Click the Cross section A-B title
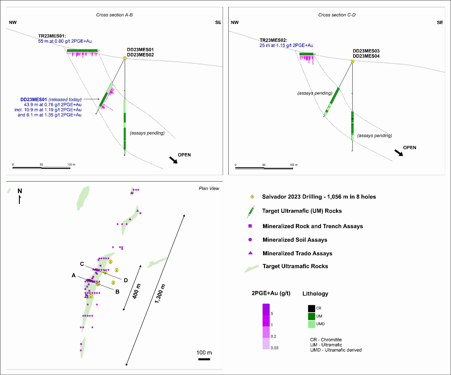pyautogui.click(x=114, y=15)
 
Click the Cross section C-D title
pyautogui.click(x=337, y=15)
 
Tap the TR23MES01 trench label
pyautogui.click(x=52, y=36)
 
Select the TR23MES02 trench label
pyautogui.click(x=273, y=40)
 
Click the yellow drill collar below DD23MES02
pyautogui.click(x=125, y=58)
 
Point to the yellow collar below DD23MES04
pyautogui.click(x=353, y=61)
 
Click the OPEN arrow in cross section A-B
pyautogui.click(x=173, y=160)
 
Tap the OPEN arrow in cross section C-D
pyautogui.click(x=399, y=153)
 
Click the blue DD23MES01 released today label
pyautogui.click(x=51, y=100)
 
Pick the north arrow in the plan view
pyautogui.click(x=20, y=199)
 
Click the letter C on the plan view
pyautogui.click(x=82, y=264)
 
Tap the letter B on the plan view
pyautogui.click(x=117, y=292)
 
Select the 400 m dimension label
pyautogui.click(x=137, y=291)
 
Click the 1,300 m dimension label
pyautogui.click(x=160, y=294)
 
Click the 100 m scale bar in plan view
pyautogui.click(x=204, y=359)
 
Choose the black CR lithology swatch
pyautogui.click(x=312, y=309)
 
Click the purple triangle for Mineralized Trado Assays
pyautogui.click(x=250, y=253)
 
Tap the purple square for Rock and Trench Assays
pyautogui.click(x=250, y=226)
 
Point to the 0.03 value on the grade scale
pyautogui.click(x=274, y=348)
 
